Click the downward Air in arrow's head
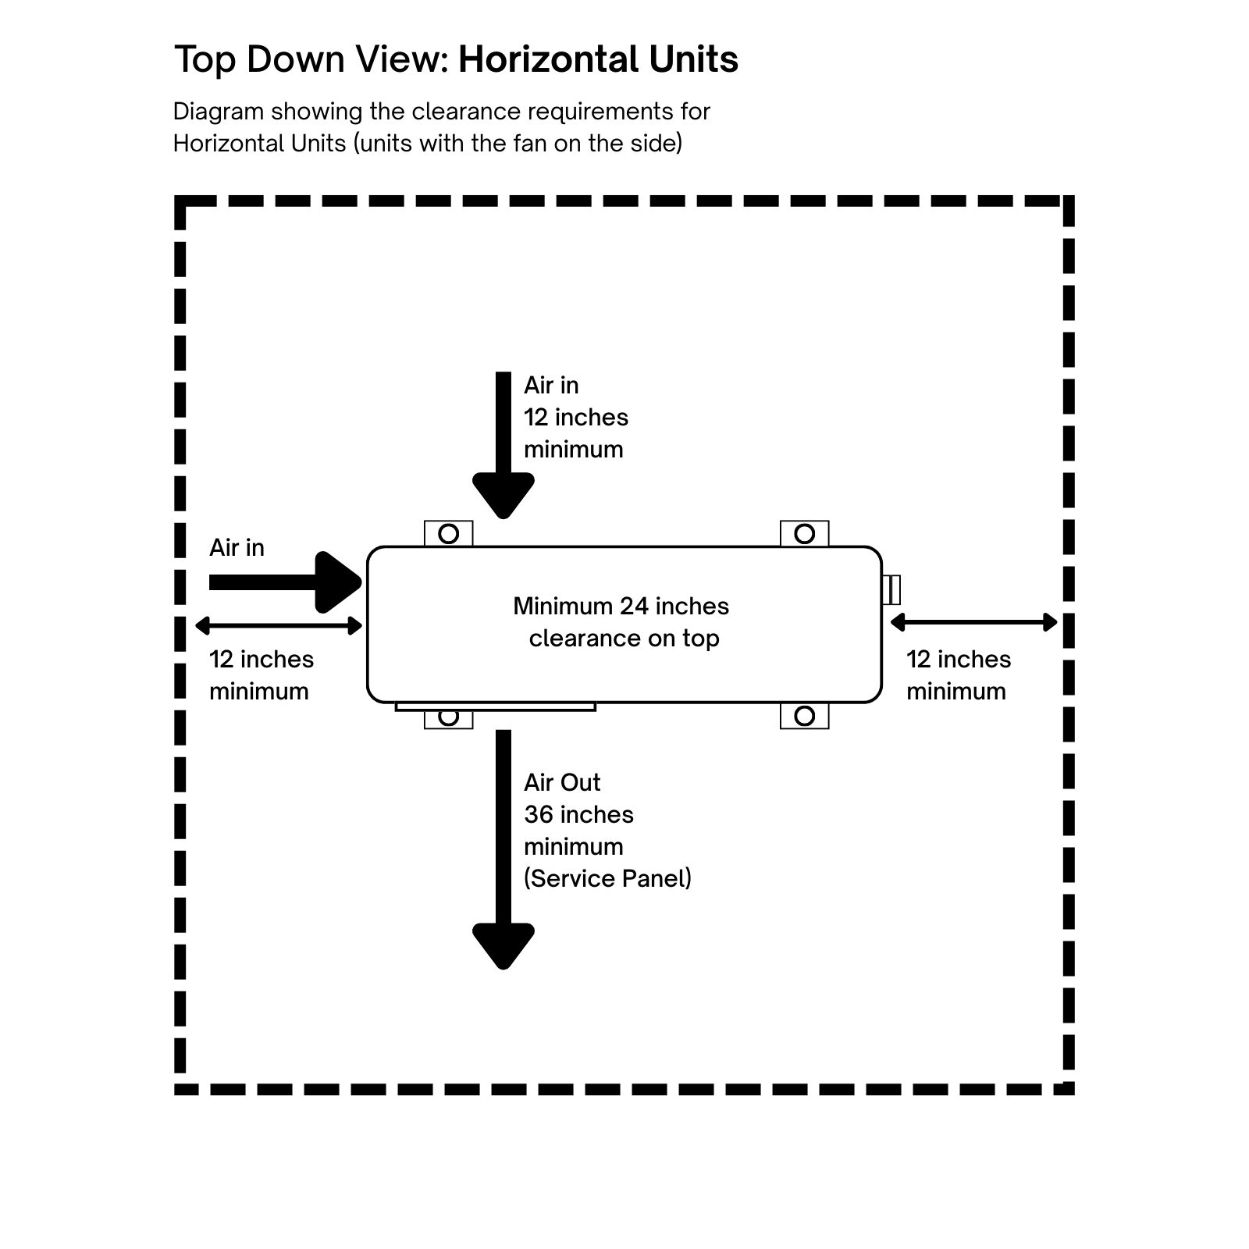pyautogui.click(x=504, y=494)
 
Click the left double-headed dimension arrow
pyautogui.click(x=279, y=625)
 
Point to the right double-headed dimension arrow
pyautogui.click(x=973, y=622)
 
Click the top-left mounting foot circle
pyautogui.click(x=449, y=534)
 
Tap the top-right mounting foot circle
pyautogui.click(x=805, y=534)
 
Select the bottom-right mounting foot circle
pyautogui.click(x=805, y=716)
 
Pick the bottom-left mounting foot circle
pyautogui.click(x=449, y=717)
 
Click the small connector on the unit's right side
pyautogui.click(x=891, y=589)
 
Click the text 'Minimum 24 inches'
pyautogui.click(x=621, y=607)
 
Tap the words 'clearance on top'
pyautogui.click(x=624, y=639)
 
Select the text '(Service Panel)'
pyautogui.click(x=607, y=879)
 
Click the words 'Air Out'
pyautogui.click(x=562, y=783)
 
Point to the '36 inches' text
pyautogui.click(x=578, y=815)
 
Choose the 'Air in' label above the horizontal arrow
pyautogui.click(x=237, y=548)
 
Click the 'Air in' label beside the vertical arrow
pyautogui.click(x=551, y=386)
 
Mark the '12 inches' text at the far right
pyautogui.click(x=959, y=660)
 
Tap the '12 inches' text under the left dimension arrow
pyautogui.click(x=262, y=660)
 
